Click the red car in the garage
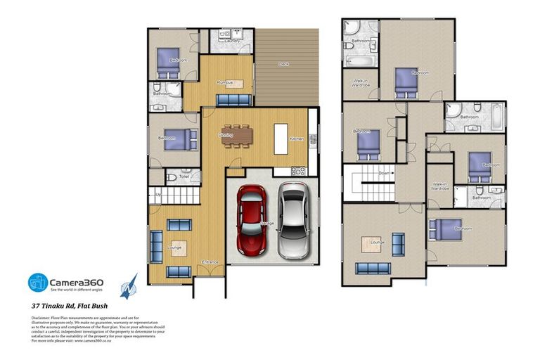pyautogui.click(x=251, y=221)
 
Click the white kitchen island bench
pyautogui.click(x=281, y=134)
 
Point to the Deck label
pyautogui.click(x=283, y=64)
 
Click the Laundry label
pyautogui.click(x=232, y=41)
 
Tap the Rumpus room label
pyautogui.click(x=225, y=82)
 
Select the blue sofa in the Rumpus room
pyautogui.click(x=233, y=99)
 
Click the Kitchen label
pyautogui.click(x=297, y=139)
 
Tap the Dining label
pyautogui.click(x=226, y=134)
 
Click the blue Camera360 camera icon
pyautogui.click(x=37, y=283)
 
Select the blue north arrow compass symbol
pyautogui.click(x=129, y=286)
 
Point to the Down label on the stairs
pyautogui.click(x=384, y=173)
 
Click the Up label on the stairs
pyautogui.click(x=158, y=193)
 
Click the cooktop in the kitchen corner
pyautogui.click(x=298, y=171)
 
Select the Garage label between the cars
pyautogui.click(x=268, y=223)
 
